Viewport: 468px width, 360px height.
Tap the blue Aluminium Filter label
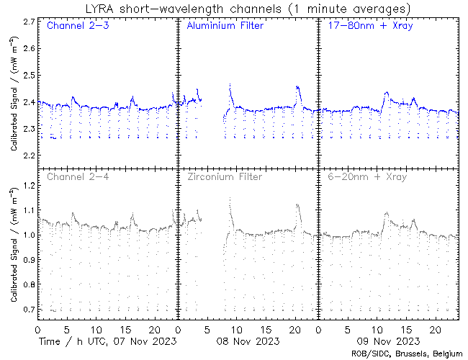pos(225,27)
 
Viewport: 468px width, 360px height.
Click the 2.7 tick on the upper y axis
pos(29,22)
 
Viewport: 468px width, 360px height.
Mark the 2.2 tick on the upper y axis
pos(29,156)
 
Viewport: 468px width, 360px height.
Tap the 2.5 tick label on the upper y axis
pos(29,75)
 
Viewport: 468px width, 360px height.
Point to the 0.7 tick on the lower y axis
pos(29,310)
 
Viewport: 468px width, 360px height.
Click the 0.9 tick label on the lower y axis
pos(29,260)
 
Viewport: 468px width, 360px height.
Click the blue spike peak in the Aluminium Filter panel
pos(230,85)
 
